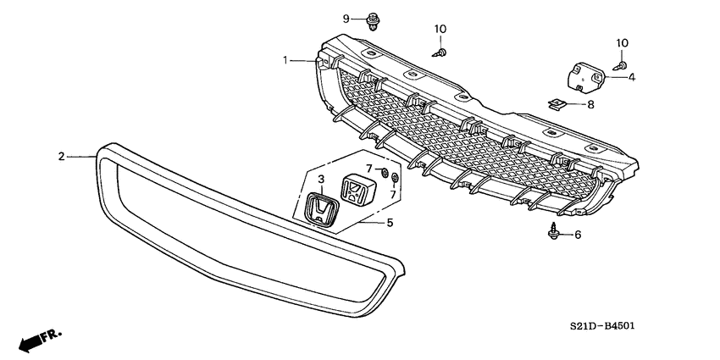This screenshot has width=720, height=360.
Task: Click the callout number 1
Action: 286,59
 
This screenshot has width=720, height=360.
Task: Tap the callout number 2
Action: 61,156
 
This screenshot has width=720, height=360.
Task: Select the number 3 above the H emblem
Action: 321,180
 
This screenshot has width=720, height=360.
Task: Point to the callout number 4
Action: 631,77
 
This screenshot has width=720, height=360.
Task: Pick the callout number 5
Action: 390,223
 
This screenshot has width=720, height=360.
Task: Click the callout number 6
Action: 578,235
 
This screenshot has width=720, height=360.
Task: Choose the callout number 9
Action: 346,19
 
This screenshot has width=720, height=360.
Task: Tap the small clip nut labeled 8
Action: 557,105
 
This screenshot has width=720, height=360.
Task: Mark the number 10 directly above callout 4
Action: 622,42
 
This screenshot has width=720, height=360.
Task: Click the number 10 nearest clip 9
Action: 440,30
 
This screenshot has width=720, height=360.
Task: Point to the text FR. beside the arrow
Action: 55,335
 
